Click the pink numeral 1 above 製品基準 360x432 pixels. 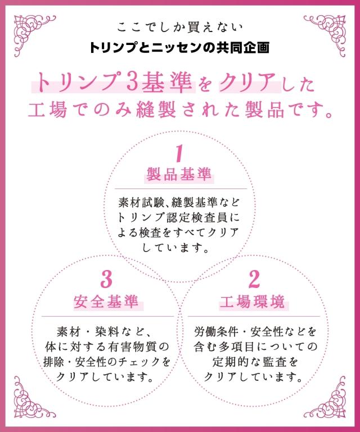click(x=179, y=153)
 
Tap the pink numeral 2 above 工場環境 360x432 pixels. click(x=254, y=280)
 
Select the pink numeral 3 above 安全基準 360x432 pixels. click(x=107, y=280)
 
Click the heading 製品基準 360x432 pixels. click(x=179, y=175)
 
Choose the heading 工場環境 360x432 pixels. click(x=253, y=301)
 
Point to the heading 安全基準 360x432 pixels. click(x=106, y=301)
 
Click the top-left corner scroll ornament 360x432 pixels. click(x=33, y=34)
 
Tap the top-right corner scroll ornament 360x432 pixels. click(x=326, y=34)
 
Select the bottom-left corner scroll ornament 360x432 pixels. click(x=33, y=397)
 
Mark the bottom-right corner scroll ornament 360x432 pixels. click(x=326, y=397)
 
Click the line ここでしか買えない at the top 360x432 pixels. click(x=180, y=28)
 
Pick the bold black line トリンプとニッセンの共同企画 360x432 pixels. click(x=179, y=47)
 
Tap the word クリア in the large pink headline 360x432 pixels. click(x=249, y=82)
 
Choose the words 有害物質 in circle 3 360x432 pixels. click(x=136, y=346)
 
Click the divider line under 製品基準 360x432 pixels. click(x=181, y=189)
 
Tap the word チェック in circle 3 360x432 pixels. click(x=139, y=362)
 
